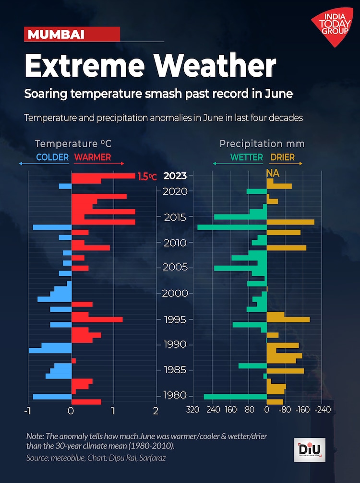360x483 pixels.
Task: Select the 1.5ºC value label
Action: (147, 177)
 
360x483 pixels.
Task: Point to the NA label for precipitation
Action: (273, 172)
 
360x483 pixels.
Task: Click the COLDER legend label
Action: (52, 157)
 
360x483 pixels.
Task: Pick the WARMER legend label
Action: (93, 157)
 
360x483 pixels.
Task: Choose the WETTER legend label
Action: (247, 157)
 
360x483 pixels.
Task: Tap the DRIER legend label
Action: (282, 157)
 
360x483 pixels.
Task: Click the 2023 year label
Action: (175, 176)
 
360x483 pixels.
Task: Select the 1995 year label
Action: (175, 319)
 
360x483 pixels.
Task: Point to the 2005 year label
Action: (175, 268)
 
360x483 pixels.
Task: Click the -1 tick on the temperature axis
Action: (27, 411)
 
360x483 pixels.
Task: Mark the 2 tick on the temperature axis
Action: (156, 411)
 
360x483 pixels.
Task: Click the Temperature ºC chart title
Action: (73, 143)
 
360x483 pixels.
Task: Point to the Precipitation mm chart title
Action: (262, 143)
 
